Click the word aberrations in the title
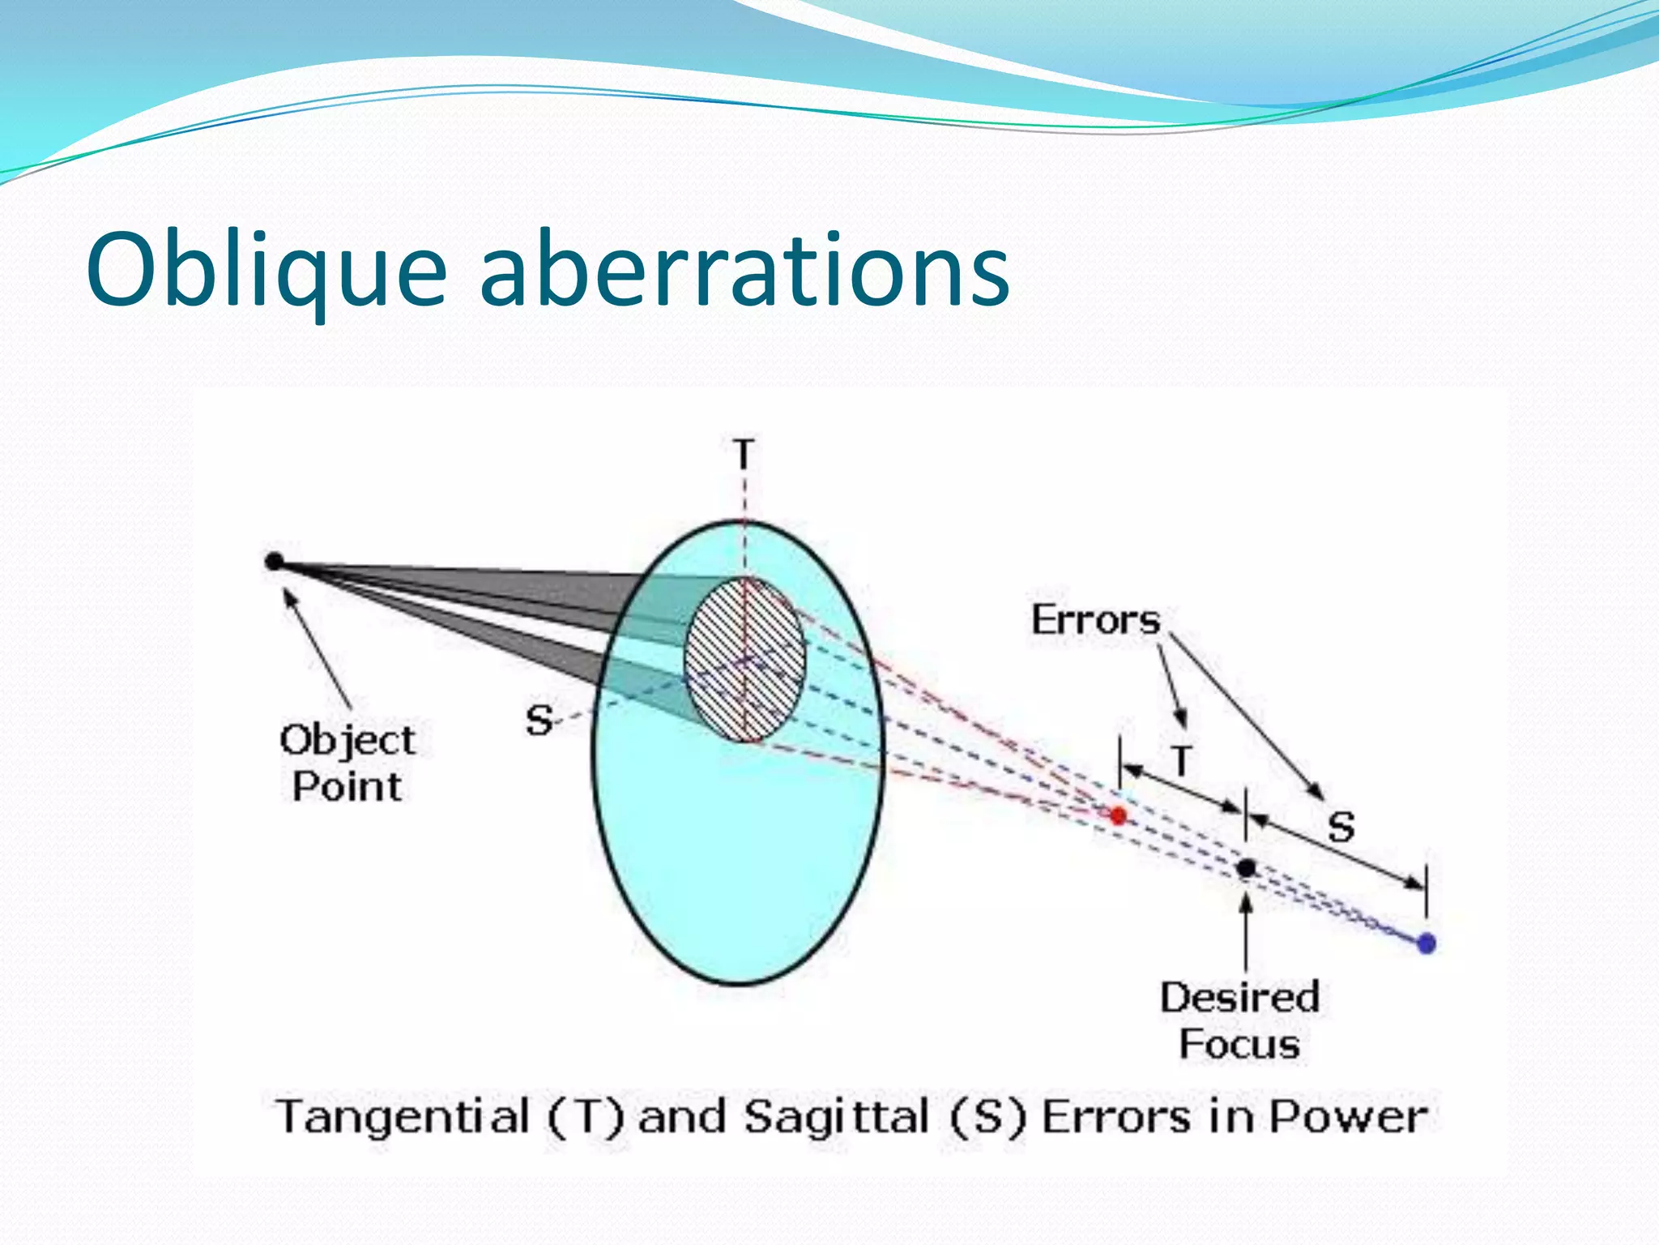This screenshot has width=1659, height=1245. (x=744, y=269)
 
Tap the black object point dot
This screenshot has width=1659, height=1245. (x=274, y=561)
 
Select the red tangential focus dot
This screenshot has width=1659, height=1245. (x=1119, y=815)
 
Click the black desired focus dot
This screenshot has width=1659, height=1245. (x=1247, y=868)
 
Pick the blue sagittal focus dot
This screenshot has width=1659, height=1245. (x=1427, y=943)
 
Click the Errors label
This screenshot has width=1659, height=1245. (x=1095, y=621)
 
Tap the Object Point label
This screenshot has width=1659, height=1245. (x=347, y=763)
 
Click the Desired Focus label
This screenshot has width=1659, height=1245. (x=1239, y=1020)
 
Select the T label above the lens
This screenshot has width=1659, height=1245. (x=744, y=454)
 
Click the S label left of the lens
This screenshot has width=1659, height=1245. (x=539, y=721)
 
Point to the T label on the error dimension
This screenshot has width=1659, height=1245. (x=1182, y=760)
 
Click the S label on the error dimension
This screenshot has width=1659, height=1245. (x=1341, y=828)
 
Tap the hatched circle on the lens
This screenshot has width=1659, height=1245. (x=744, y=661)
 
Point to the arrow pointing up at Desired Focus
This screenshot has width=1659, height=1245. (x=1246, y=932)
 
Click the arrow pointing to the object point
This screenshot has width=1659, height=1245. (x=318, y=648)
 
